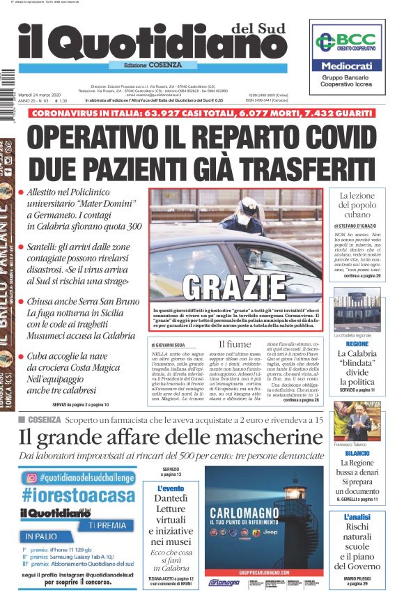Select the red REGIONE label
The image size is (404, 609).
(x=357, y=344)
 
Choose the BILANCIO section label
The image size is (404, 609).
(x=357, y=452)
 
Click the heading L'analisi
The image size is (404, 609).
(x=357, y=517)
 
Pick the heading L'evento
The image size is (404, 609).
(x=171, y=489)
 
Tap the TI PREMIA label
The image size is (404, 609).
(x=110, y=523)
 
